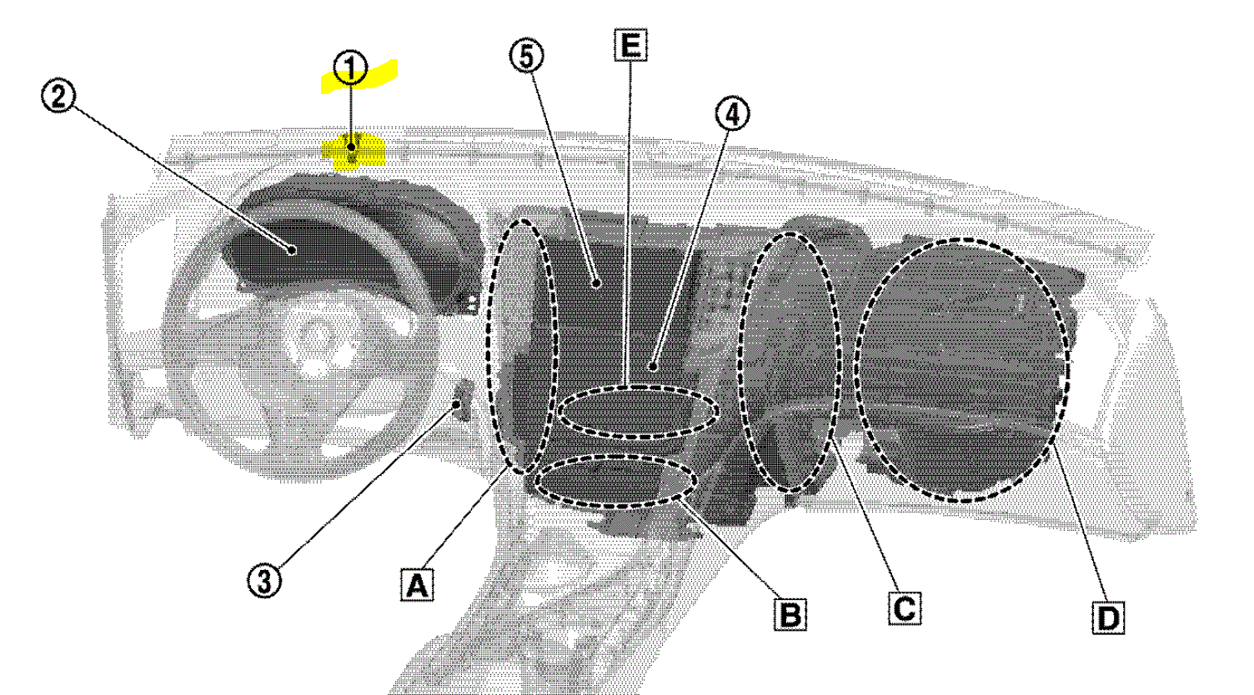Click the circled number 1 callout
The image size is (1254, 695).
[350, 69]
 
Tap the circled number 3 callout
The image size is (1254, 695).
[263, 580]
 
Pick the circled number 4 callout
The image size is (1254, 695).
[731, 116]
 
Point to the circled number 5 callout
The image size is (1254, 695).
[527, 56]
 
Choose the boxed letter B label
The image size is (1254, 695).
[790, 613]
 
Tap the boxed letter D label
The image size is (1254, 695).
[1106, 617]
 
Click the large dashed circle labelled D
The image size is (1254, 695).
[962, 369]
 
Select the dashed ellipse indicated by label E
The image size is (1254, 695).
[638, 412]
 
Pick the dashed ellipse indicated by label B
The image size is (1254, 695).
[617, 481]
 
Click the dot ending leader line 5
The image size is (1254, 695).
[597, 283]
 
